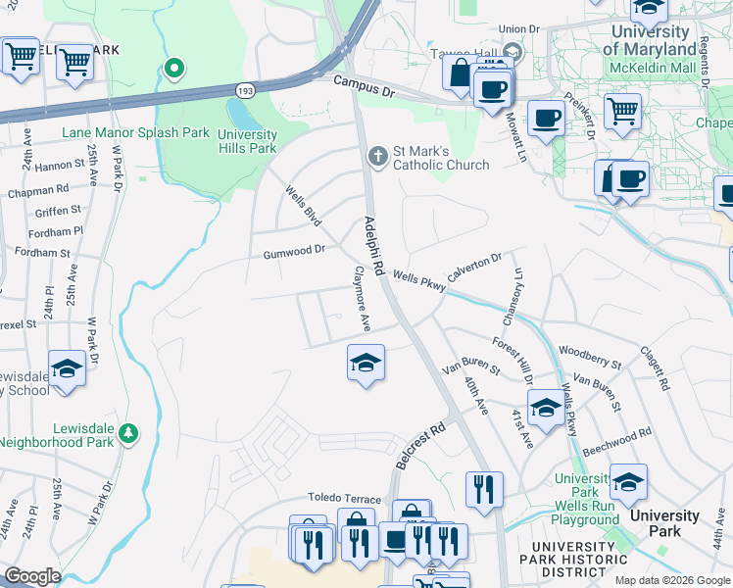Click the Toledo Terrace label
[344, 497]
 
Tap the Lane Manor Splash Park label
[136, 132]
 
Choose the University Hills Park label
[247, 141]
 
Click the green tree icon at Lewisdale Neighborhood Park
[127, 433]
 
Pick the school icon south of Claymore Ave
[366, 364]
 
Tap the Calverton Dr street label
[474, 267]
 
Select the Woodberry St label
[590, 357]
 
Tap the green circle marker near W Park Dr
[174, 69]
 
